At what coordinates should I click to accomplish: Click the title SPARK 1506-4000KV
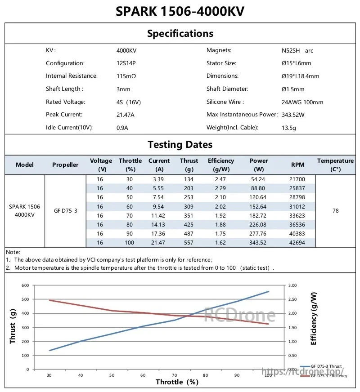coord(180,11)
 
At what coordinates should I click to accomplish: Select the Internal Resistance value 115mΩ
coord(126,76)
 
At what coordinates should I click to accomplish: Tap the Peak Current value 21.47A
coord(126,115)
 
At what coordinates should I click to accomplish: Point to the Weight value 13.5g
coord(289,128)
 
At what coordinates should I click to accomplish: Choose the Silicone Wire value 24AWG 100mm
coord(302,102)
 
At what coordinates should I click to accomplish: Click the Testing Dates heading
coord(180,144)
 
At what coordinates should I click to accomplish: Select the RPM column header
coord(297,165)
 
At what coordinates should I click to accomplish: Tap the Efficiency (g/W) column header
coord(221,165)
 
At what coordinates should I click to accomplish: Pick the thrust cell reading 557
coord(189,242)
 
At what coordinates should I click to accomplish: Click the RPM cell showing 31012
coord(297,206)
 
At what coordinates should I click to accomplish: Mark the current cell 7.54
coord(158,197)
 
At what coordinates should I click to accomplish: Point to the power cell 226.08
coord(258,224)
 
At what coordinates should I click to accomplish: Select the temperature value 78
coord(336,210)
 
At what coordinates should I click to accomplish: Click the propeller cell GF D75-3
coord(66,210)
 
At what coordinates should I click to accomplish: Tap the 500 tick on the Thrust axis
coord(25,299)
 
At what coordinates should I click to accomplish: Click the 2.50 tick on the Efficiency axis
coord(292,299)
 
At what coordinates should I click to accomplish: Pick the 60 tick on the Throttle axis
coord(143,375)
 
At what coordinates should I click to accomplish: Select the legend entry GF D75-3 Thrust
coord(321,366)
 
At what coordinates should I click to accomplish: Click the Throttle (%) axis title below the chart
coord(177,382)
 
